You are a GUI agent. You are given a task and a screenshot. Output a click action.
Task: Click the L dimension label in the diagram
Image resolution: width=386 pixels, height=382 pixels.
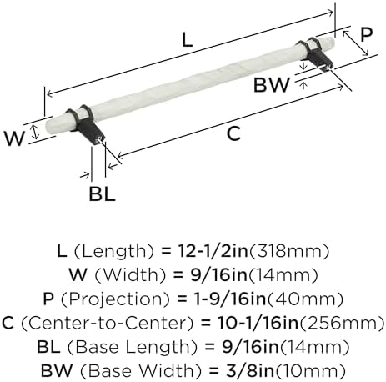(188, 39)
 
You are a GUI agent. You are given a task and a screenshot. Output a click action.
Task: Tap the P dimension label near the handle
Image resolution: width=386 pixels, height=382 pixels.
(366, 35)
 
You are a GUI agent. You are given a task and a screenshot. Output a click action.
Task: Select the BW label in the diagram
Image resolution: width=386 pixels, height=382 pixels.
(272, 85)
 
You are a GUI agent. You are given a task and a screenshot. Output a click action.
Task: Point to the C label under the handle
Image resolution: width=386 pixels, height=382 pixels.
(233, 133)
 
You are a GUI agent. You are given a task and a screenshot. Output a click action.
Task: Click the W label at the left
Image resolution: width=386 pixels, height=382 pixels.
(14, 138)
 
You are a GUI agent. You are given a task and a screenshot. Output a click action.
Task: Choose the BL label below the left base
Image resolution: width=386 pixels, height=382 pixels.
(102, 194)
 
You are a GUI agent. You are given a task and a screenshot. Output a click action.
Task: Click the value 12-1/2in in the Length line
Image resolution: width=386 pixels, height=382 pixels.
(213, 250)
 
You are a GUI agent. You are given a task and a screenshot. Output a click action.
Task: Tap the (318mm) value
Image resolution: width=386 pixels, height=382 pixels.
(289, 251)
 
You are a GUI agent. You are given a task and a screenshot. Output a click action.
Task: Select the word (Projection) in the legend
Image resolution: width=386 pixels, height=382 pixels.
(115, 299)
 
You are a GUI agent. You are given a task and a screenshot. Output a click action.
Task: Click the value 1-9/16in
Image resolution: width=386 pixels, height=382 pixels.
(230, 299)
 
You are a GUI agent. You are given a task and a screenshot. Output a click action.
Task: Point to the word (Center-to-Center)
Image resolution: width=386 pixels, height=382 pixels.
(107, 323)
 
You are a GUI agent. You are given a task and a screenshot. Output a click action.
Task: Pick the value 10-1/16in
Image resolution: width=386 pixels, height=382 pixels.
(258, 323)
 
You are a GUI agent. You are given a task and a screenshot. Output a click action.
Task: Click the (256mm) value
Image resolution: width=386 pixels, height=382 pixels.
(342, 323)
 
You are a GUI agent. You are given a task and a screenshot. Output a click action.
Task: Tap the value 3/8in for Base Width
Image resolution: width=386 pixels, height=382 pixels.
(250, 370)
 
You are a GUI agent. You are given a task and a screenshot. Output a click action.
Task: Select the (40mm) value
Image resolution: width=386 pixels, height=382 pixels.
(305, 299)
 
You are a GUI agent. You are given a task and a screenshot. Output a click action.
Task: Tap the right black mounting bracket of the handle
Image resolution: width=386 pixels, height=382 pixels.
(316, 53)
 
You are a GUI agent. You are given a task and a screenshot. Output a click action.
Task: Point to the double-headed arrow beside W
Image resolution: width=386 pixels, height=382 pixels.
(35, 132)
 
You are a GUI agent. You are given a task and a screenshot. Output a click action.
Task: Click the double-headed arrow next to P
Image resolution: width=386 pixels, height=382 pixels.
(356, 43)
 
